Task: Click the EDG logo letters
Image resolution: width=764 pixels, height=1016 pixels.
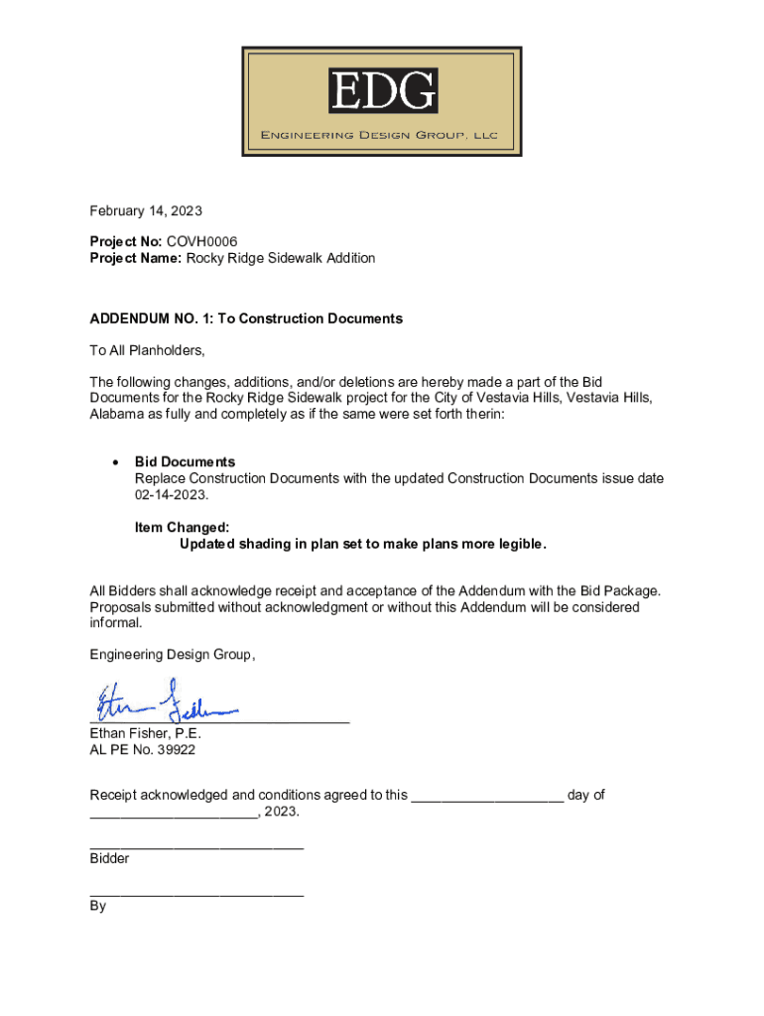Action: (382, 91)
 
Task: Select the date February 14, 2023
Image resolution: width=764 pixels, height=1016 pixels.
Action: (146, 210)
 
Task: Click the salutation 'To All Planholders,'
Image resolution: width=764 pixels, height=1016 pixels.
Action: (147, 350)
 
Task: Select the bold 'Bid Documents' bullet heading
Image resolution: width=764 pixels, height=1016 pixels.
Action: (186, 461)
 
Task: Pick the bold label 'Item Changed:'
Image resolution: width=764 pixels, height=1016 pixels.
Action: (182, 528)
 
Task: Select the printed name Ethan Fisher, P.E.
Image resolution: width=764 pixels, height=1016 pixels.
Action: (146, 733)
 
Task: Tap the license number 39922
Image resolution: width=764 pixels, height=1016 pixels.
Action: (174, 750)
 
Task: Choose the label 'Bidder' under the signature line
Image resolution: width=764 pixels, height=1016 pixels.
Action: (109, 858)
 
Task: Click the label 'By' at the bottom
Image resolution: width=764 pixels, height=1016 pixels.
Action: (98, 906)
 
